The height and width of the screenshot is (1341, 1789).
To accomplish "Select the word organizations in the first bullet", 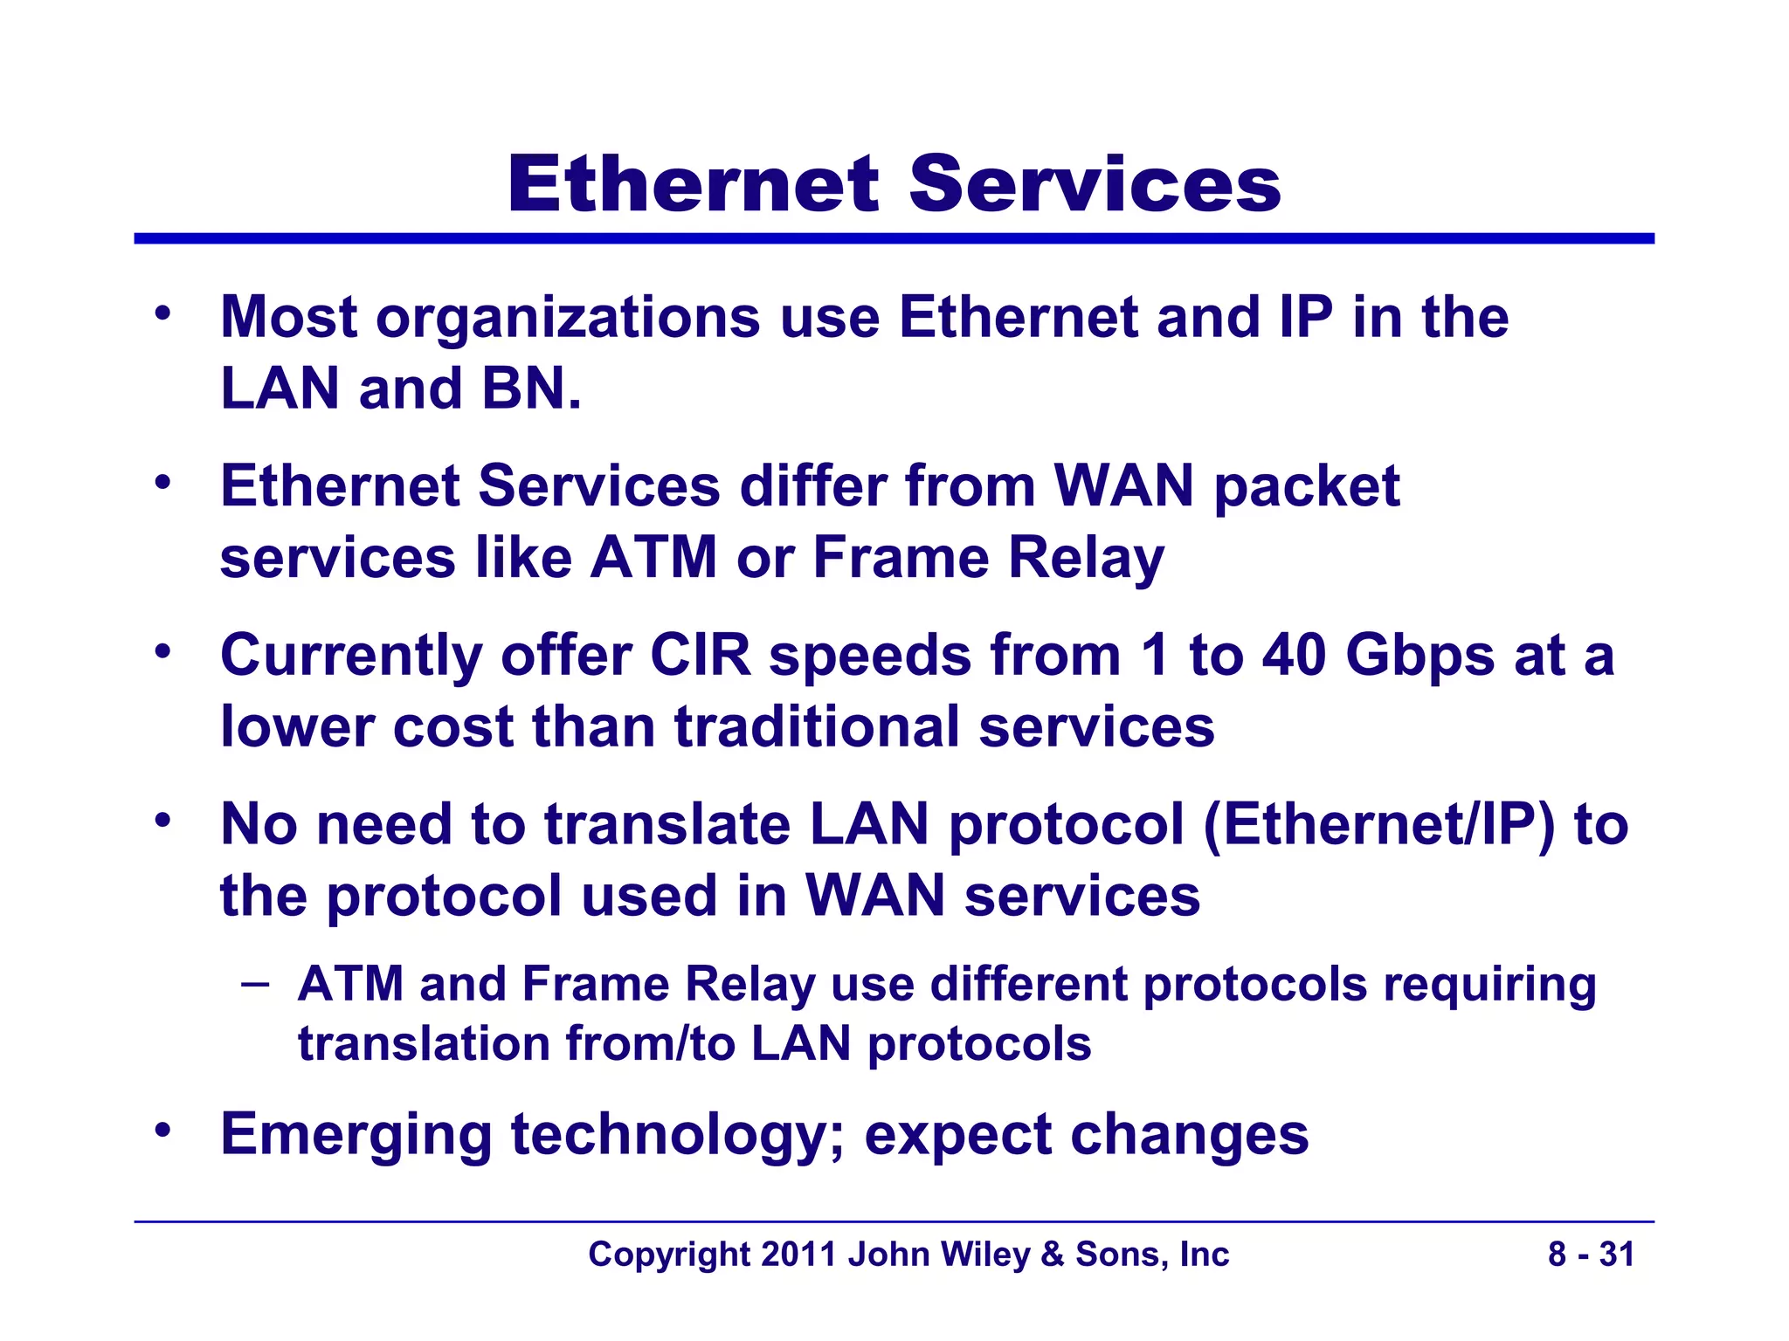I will pos(568,318).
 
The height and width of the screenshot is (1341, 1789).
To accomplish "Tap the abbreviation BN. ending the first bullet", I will pos(531,389).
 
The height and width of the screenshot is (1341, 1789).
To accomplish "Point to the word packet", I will pos(1307,487).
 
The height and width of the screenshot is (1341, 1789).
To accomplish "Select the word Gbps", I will pos(1419,657).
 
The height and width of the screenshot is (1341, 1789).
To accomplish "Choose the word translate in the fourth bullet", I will pos(667,825).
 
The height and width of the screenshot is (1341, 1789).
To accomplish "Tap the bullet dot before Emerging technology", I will pos(162,1131).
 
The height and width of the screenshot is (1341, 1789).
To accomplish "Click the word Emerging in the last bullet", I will pos(356,1136).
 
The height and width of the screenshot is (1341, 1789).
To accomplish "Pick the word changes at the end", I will pos(1189,1136).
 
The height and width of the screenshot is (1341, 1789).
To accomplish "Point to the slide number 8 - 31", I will pos(1591,1255).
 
